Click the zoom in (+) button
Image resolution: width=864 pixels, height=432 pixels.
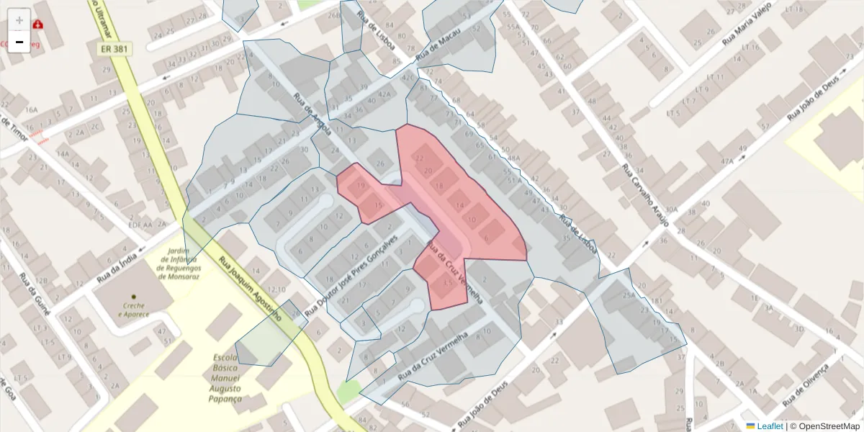coord(19,19)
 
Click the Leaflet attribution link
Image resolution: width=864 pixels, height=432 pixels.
coord(769,426)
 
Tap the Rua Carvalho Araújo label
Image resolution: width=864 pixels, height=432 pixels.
coord(645,194)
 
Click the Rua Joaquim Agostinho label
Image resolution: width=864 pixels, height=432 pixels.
coord(249,286)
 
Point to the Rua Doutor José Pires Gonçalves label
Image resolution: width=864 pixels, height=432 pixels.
coord(352,276)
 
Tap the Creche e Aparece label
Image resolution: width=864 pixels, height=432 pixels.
coord(133,310)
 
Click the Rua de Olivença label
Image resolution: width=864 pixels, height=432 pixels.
coord(806,384)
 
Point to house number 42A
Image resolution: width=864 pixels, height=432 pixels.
coord(384,93)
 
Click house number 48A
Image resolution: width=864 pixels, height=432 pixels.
coord(513,157)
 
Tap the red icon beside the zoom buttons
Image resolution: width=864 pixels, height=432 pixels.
coord(37,24)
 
